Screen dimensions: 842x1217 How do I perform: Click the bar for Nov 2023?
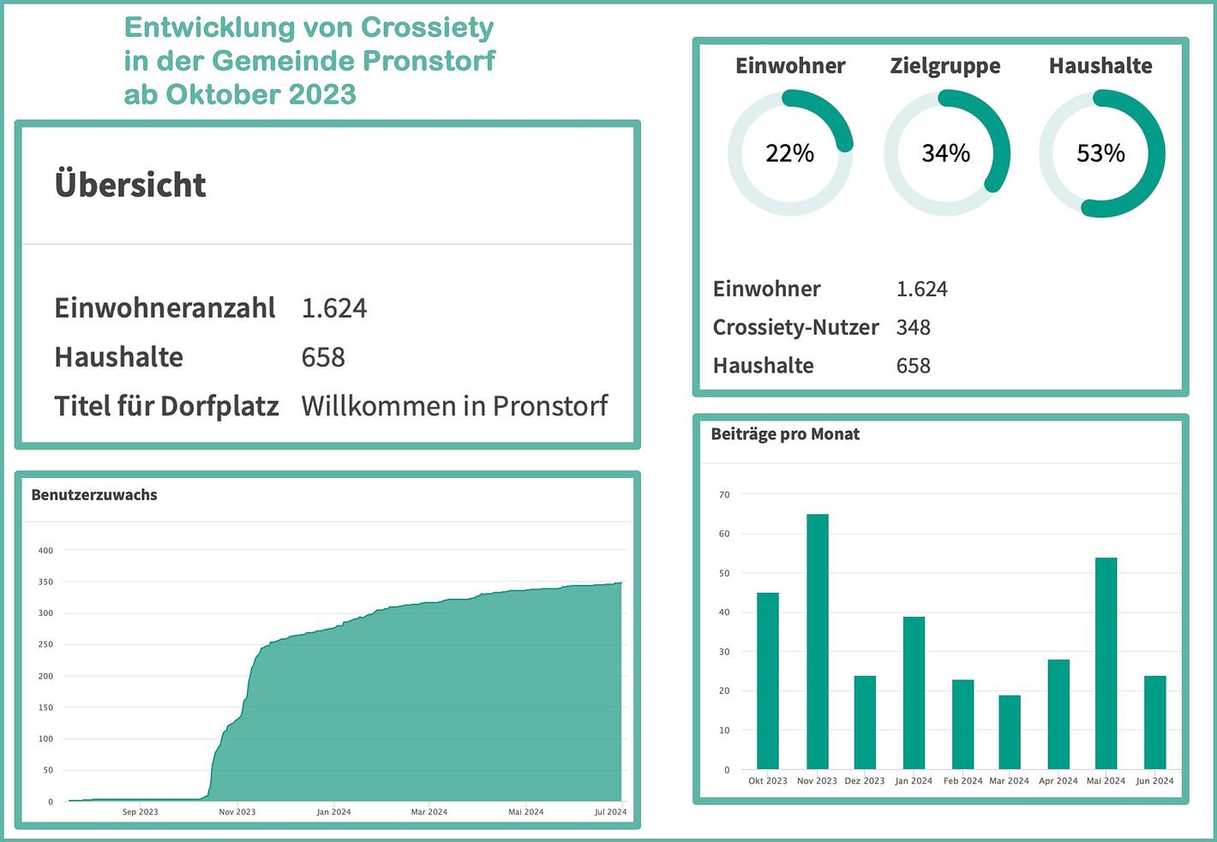click(817, 642)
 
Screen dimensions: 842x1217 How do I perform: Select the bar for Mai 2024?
click(1106, 664)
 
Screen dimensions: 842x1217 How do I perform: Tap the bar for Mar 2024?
click(1010, 732)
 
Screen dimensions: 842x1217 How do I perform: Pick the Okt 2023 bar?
click(767, 681)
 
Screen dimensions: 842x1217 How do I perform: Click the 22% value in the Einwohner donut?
click(789, 153)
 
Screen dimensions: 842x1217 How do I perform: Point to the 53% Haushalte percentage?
click(1100, 153)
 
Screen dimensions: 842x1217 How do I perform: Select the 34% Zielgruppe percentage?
click(945, 153)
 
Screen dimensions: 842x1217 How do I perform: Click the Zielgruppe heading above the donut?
click(945, 66)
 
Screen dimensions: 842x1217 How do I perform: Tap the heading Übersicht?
click(130, 185)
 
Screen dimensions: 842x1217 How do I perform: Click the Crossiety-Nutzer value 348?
click(913, 327)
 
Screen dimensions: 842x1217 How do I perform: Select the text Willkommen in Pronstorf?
click(454, 405)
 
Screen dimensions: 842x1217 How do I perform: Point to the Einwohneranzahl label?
click(165, 308)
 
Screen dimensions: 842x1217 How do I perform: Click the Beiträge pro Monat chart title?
click(785, 434)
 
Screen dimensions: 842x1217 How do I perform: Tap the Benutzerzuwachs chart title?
click(94, 494)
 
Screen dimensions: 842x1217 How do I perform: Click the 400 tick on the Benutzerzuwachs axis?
click(45, 551)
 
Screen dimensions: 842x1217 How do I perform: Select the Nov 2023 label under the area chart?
click(237, 812)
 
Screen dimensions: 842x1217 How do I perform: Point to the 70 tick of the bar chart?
click(724, 495)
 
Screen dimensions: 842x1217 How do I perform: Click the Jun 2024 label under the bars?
click(1154, 781)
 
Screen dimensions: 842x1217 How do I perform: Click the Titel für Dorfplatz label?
click(166, 406)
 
